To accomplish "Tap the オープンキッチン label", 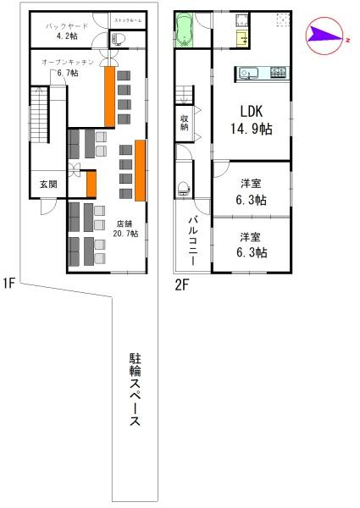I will [68, 67].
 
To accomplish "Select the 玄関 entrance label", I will [47, 184].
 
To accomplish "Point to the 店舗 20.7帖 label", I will [125, 229].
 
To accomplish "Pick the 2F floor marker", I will [181, 284].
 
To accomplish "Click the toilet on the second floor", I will [183, 187].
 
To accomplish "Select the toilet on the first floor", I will [118, 37].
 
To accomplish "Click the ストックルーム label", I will [126, 18].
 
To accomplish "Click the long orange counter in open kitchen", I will [109, 97].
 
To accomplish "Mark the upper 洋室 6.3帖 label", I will [251, 192].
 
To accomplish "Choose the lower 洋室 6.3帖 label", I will [251, 245].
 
